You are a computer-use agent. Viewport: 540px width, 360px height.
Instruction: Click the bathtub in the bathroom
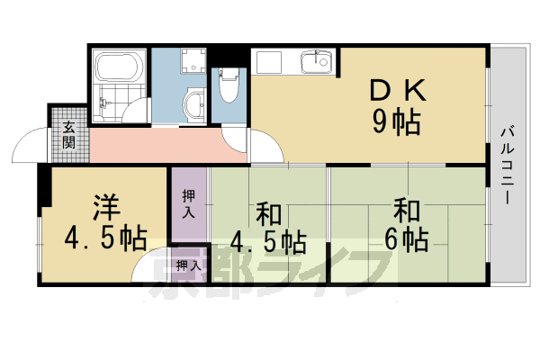(118, 68)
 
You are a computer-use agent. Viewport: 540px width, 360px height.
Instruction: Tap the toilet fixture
(228, 87)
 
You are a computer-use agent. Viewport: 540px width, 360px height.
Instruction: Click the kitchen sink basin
(315, 63)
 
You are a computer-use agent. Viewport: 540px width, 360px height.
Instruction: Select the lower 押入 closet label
(189, 265)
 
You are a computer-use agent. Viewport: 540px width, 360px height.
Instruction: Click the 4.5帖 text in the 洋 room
(104, 239)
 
